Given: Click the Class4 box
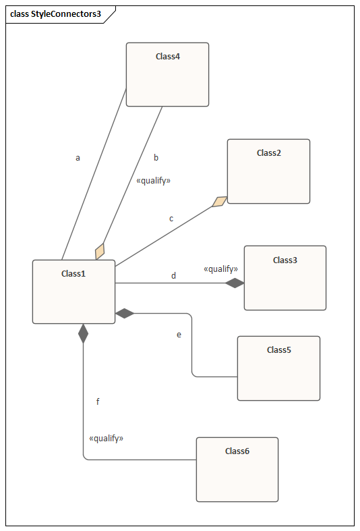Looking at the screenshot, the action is tap(167, 74).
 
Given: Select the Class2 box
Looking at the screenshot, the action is tap(268, 171).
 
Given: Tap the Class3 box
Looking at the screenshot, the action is tap(285, 278).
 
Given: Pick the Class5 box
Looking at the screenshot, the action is tap(279, 368).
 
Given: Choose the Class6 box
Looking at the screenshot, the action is tap(237, 470).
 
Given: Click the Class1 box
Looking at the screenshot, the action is tap(73, 292).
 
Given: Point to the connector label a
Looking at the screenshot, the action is tap(78, 158).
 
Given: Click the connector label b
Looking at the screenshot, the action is tap(156, 157).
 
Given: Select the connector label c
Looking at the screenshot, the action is tap(171, 219).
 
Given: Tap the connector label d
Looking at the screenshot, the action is tap(173, 276).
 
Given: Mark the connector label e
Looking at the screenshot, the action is tap(179, 335).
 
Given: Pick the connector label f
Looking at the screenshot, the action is tap(98, 401).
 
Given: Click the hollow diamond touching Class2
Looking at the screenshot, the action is tap(220, 202).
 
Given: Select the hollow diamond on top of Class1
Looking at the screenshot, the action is tap(100, 251).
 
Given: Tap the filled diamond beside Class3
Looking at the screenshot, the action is tap(235, 283).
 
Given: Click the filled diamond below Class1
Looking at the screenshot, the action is tap(83, 333).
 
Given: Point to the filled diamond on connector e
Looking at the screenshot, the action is tap(125, 314).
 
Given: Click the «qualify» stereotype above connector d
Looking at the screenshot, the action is tap(220, 269).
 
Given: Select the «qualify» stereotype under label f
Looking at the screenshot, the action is tap(107, 439).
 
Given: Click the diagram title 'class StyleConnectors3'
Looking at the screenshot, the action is tap(55, 14).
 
